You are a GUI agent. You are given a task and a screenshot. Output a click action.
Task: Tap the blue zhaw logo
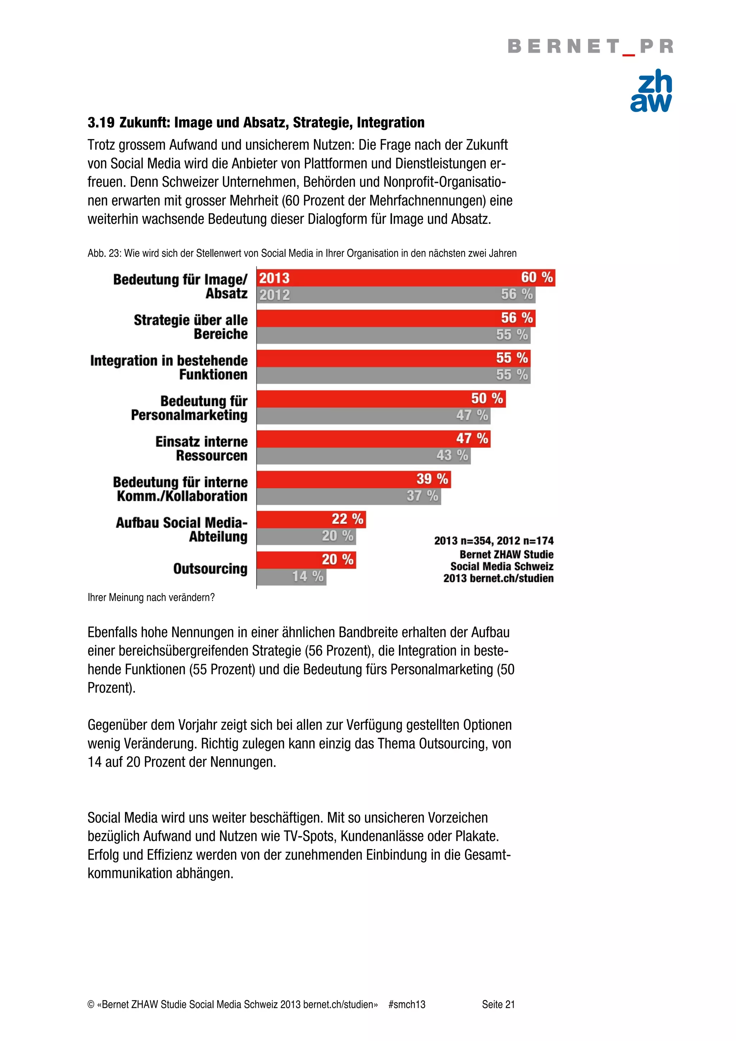(651, 91)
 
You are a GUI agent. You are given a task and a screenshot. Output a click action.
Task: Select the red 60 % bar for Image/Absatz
(405, 277)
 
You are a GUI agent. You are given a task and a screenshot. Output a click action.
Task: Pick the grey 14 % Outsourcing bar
(291, 577)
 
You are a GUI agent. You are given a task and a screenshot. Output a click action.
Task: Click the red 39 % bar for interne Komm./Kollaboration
(353, 479)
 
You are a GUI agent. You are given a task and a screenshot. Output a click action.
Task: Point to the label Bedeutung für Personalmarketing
(189, 408)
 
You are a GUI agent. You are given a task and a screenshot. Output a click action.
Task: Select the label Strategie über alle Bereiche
(190, 327)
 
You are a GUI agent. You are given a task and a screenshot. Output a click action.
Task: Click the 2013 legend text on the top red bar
(274, 278)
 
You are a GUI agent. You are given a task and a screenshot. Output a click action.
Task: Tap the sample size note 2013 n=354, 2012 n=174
(493, 541)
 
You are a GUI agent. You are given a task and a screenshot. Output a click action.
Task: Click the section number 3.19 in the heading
(101, 122)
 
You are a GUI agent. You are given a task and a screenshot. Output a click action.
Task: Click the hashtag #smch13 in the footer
(406, 1004)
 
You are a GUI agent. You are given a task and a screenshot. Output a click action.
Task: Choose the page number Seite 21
(498, 1004)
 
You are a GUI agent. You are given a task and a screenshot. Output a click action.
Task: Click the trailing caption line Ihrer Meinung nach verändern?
(151, 598)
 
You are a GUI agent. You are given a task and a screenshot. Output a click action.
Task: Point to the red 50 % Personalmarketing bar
(381, 398)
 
